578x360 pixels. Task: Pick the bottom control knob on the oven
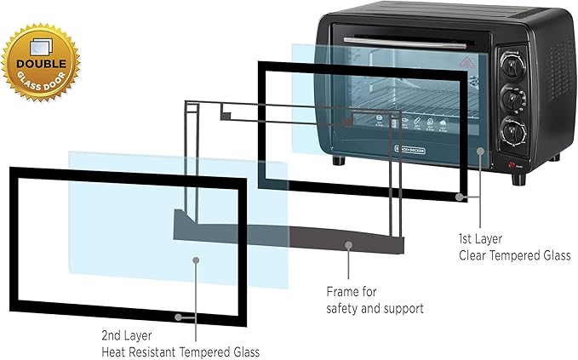[513, 130]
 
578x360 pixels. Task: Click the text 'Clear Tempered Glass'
[514, 256]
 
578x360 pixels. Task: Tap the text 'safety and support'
[375, 308]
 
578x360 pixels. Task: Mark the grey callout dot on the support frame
[348, 244]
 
